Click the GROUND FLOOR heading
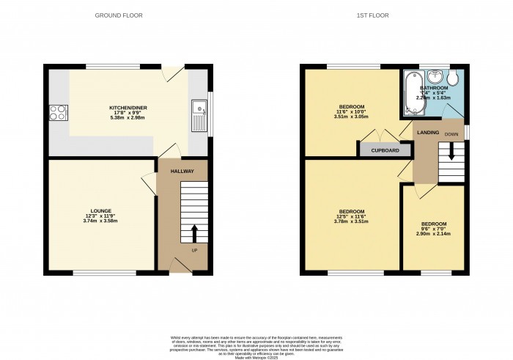point(119,15)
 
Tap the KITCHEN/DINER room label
point(128,107)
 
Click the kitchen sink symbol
point(199,117)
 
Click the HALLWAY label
point(182,171)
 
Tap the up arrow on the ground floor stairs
point(194,233)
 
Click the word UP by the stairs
point(194,251)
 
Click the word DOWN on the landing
point(451,134)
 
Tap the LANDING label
point(427,132)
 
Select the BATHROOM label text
point(434,88)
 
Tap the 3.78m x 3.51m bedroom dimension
point(350,221)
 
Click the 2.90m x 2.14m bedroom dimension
point(433,233)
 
